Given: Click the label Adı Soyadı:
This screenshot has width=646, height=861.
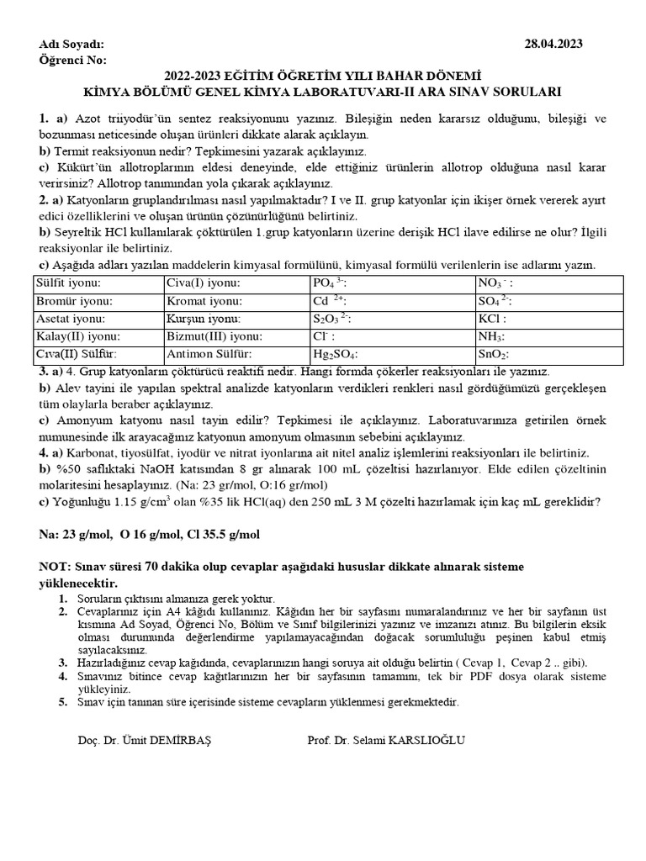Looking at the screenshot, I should coord(72,45).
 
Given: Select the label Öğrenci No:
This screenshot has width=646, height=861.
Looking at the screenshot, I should coord(73,61).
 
